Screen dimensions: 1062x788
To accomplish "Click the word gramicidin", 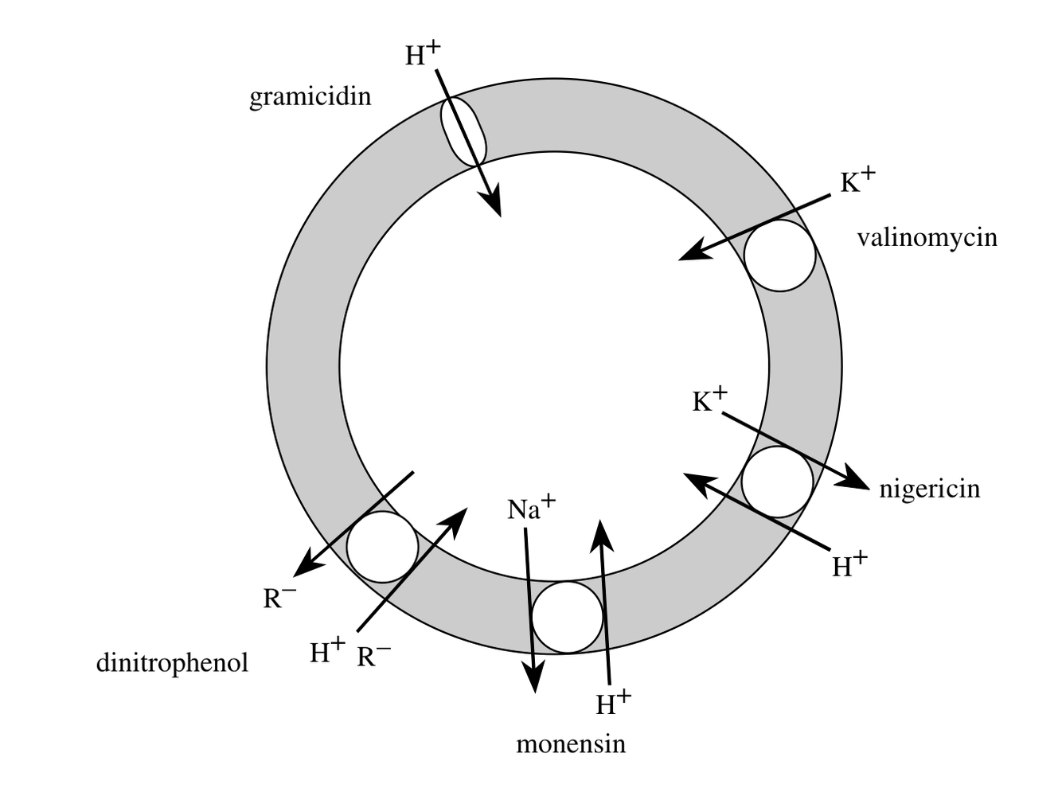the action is tap(310, 97).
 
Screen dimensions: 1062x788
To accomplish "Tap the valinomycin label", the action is tap(927, 237).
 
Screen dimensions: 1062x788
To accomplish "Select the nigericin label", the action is tap(929, 488).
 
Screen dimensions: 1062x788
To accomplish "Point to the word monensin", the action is tap(570, 744).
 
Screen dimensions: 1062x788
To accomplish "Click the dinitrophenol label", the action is tap(172, 662).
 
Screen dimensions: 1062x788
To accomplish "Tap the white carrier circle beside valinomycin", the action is tap(779, 256).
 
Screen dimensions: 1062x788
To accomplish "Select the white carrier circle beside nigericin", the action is tap(777, 482).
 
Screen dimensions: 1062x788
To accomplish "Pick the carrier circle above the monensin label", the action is tap(567, 617).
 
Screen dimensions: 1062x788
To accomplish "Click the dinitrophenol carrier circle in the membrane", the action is tap(383, 547).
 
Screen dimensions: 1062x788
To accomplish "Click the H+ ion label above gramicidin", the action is tap(422, 54).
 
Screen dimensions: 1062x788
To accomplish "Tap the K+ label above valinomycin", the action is tap(857, 181).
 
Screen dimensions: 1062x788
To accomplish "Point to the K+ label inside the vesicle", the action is tap(709, 400).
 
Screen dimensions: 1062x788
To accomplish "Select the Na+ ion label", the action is tap(531, 508).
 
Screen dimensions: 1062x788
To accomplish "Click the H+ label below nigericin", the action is tap(849, 565).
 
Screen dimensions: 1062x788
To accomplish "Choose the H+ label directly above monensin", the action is tap(613, 703).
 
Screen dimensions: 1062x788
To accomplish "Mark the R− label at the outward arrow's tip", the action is tap(279, 597).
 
